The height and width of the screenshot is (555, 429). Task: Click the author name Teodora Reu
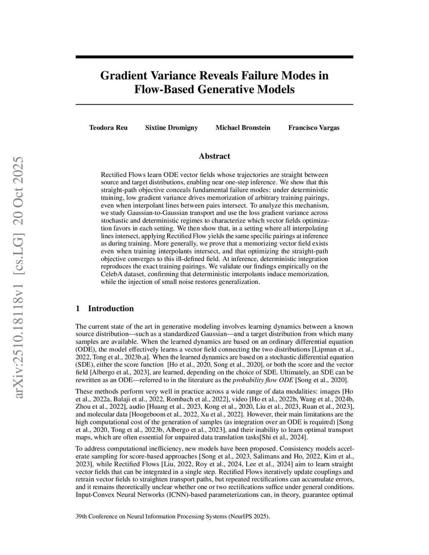click(108, 128)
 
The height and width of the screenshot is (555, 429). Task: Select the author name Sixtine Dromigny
click(171, 128)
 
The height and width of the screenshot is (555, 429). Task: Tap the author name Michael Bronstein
click(243, 128)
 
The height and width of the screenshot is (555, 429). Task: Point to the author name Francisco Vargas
click(314, 128)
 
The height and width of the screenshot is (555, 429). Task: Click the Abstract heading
click(214, 156)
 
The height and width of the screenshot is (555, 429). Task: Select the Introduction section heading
click(111, 309)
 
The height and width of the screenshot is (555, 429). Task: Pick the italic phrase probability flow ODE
click(263, 380)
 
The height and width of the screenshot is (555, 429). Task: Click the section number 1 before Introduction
click(78, 309)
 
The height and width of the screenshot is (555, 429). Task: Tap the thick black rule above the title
click(214, 57)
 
